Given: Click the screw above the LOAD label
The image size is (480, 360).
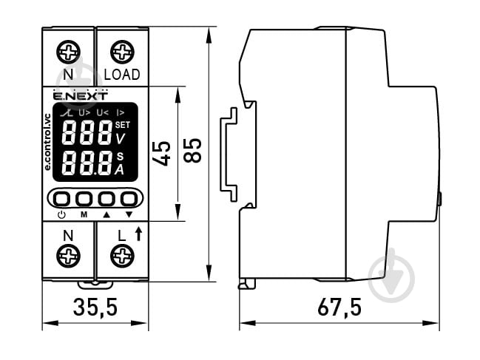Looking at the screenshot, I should tap(122, 52).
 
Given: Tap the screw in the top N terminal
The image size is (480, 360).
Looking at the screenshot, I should tap(68, 52).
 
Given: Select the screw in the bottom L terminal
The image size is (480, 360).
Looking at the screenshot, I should tap(122, 257).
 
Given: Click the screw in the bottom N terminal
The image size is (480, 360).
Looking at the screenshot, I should tap(68, 257).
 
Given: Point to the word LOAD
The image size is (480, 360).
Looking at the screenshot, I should tap(122, 75).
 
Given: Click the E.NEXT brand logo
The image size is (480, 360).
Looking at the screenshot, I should tap(80, 95).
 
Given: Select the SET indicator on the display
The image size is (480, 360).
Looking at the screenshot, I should tap(122, 124).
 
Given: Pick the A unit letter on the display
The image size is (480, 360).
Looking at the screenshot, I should tap(120, 169).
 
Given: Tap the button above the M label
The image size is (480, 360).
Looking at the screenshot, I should tap(84, 199).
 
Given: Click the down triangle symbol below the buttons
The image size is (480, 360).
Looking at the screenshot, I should tap(129, 214).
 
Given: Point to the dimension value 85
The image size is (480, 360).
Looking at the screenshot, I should tap(194, 151).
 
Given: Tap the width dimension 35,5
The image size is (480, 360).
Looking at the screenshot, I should tap(95, 307).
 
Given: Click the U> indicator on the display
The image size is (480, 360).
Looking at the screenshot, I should tap(84, 112).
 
